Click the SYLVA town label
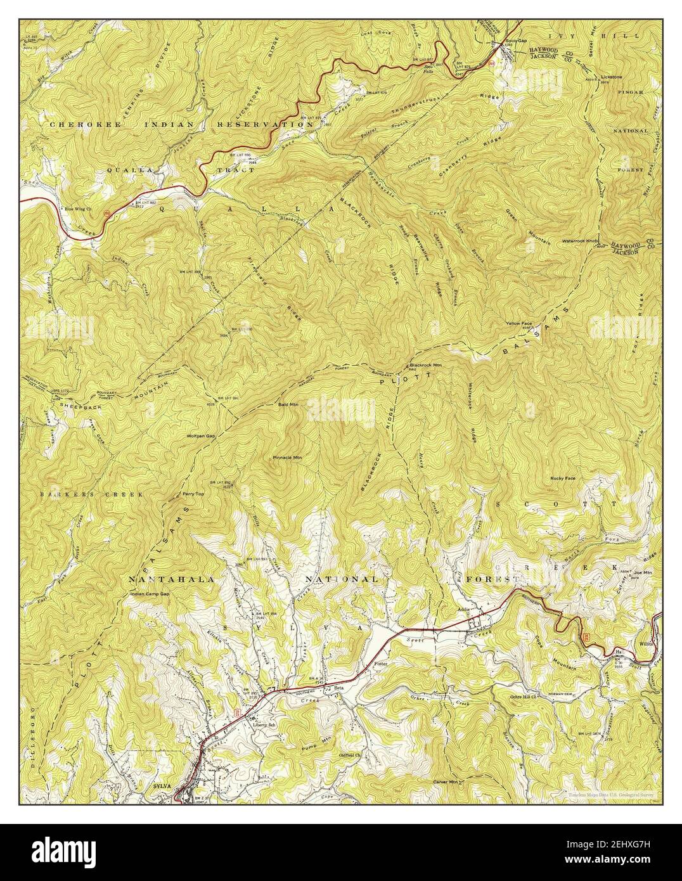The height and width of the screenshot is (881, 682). point(163,785)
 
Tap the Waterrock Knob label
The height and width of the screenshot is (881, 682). point(579,241)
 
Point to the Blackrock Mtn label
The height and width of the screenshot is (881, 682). point(425,365)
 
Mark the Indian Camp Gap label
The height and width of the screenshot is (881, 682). point(150,594)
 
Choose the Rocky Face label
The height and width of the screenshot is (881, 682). point(563,478)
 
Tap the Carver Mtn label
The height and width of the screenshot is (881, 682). point(444,783)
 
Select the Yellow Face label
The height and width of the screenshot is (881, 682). point(518,323)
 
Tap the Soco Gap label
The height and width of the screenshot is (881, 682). point(515,41)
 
